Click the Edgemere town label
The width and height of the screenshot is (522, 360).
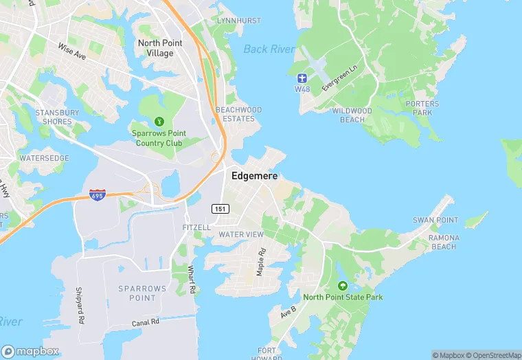coord(254,175)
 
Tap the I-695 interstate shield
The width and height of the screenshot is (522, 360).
coord(98,196)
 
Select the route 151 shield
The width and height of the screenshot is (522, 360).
coord(220,209)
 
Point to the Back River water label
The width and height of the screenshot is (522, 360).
coord(269,49)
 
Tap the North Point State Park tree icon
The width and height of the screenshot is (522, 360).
coord(343,286)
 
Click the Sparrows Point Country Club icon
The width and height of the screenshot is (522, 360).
coord(160,121)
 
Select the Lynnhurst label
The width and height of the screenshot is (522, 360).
coord(239,21)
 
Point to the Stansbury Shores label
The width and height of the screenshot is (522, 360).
coord(57,117)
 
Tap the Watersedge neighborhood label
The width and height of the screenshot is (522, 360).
coord(44,158)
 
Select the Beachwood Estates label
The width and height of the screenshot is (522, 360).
coord(239,114)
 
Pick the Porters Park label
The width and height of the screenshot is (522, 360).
coord(422,108)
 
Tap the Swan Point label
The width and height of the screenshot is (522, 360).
coord(435,220)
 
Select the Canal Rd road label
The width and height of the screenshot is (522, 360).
coord(146,322)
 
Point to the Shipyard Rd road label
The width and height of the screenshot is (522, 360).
coord(80,305)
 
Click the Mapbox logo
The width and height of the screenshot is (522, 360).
coord(30,351)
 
